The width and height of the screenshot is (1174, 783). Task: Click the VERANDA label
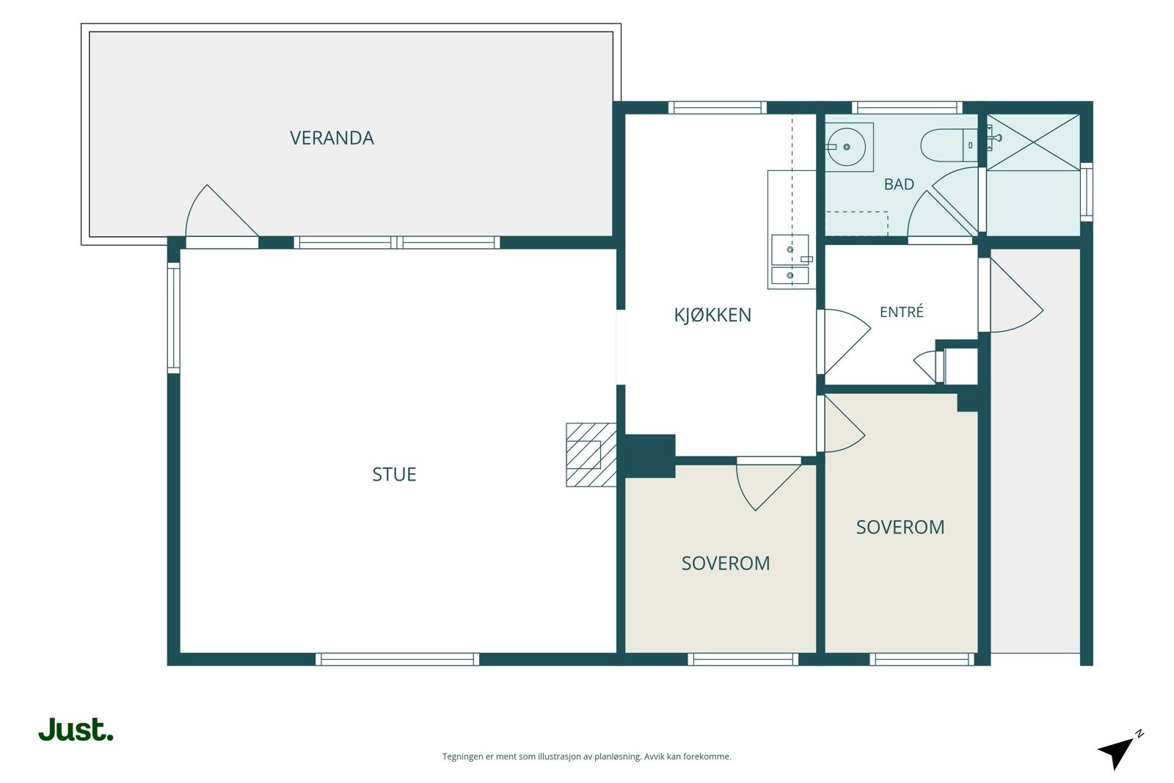point(332,138)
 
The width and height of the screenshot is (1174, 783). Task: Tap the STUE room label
point(394,474)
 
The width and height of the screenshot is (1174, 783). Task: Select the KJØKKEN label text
point(712,315)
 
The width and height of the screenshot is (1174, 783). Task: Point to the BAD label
point(899,184)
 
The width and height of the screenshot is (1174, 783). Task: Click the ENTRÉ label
point(902,312)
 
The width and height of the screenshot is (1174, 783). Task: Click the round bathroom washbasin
point(846,148)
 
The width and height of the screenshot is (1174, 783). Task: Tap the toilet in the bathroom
point(949,145)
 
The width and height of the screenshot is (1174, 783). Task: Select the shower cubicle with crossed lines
point(1033,142)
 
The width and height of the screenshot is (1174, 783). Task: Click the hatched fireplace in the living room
point(591,454)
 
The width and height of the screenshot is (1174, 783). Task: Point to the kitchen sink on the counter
point(790,260)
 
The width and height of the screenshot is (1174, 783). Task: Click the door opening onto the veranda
point(221,212)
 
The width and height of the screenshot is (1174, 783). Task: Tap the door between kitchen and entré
point(845,342)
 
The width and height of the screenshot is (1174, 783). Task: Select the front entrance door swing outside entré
point(1012,295)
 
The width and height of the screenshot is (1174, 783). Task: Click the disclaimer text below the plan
point(586,757)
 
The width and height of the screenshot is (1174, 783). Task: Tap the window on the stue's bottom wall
point(397,659)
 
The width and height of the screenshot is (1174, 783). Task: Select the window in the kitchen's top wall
point(718,107)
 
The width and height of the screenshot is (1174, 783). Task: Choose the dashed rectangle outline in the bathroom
point(857,224)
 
